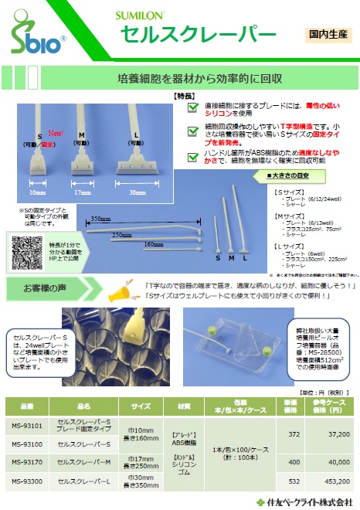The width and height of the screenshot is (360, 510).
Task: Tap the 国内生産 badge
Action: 330,33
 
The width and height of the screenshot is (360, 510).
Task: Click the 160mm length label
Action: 155,243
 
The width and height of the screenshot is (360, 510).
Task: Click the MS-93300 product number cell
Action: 26,481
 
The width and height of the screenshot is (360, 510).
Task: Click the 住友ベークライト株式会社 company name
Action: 311,501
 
